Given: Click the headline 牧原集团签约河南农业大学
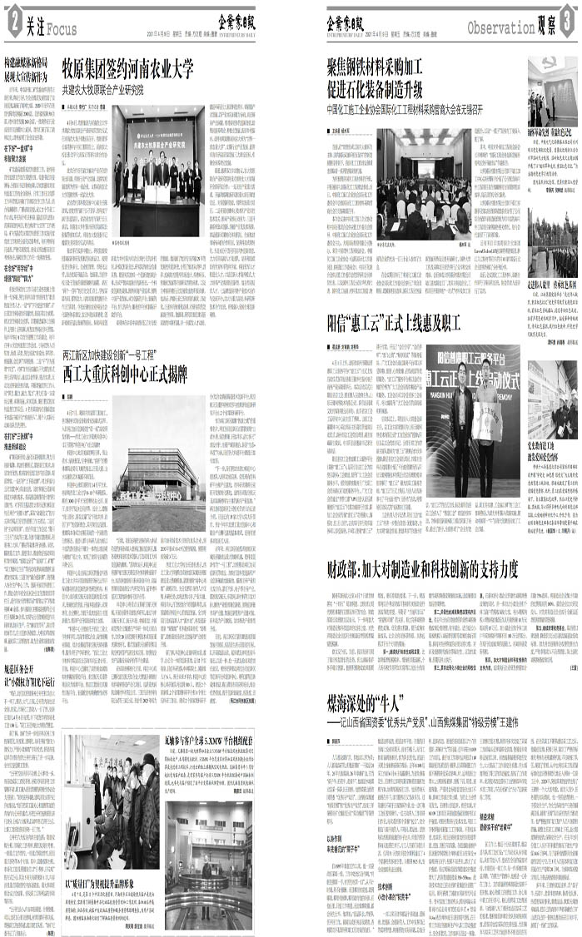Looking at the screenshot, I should [x=133, y=67].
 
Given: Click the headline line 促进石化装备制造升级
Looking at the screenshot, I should [x=376, y=86].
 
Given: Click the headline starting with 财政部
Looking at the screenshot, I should [x=423, y=547].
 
